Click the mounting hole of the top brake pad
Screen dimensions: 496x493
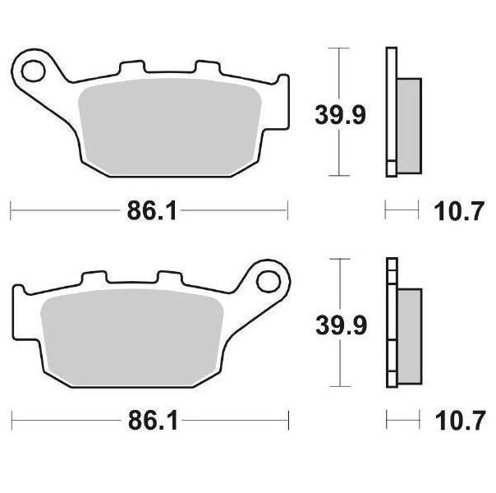point(33,71)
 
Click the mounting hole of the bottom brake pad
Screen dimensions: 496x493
point(269,282)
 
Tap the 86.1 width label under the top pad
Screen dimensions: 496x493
point(151,210)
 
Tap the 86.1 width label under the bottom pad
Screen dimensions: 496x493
point(153,421)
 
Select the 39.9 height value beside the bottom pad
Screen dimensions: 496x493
point(341,325)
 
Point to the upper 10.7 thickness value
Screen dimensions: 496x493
point(459,211)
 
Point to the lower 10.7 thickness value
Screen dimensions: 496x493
point(460,421)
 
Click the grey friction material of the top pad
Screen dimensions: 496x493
point(170,127)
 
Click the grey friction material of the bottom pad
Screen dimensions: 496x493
point(132,338)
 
